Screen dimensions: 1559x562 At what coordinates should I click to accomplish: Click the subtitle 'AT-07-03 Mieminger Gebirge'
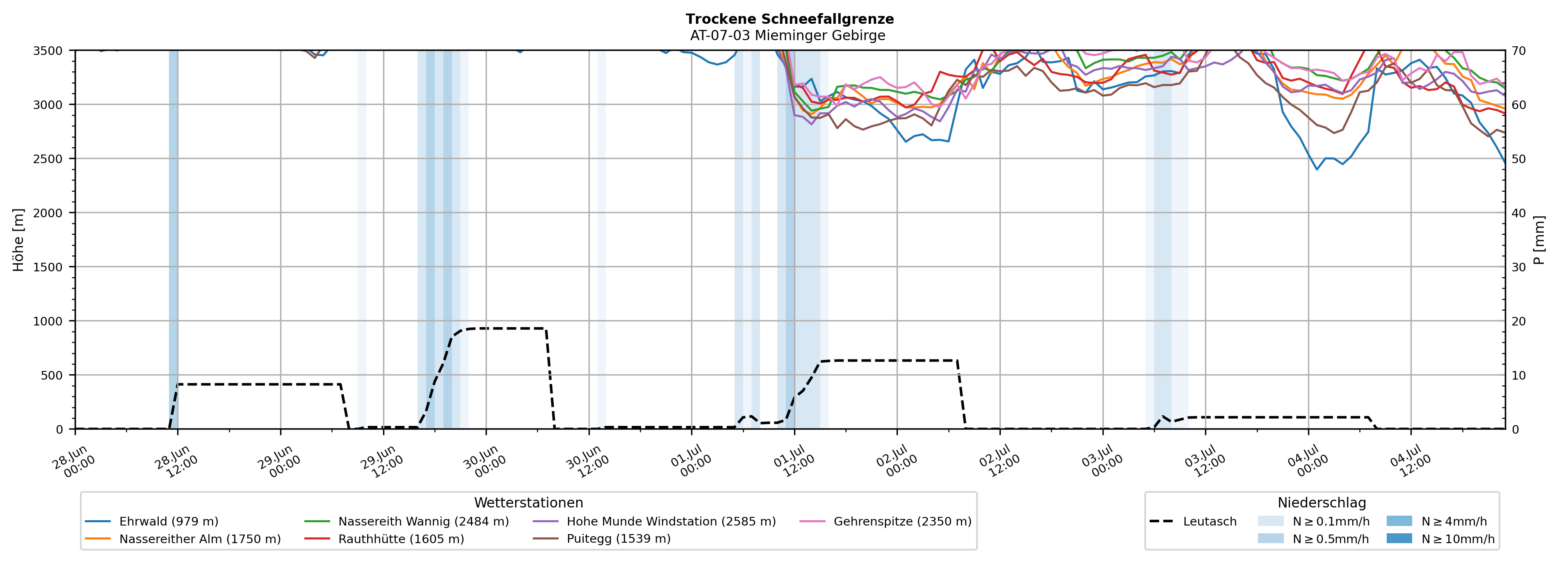click(x=787, y=36)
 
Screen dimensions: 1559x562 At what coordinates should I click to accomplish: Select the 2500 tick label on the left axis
click(x=48, y=159)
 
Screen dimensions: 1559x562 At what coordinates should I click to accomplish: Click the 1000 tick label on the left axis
click(x=48, y=321)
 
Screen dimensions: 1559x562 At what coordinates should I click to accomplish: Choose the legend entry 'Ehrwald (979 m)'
click(x=152, y=521)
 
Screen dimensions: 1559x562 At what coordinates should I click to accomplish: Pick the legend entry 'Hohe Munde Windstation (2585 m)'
click(x=654, y=521)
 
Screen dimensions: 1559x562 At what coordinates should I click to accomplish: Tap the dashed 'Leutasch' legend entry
click(x=1193, y=521)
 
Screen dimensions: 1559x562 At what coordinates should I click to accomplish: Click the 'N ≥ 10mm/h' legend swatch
click(x=1399, y=538)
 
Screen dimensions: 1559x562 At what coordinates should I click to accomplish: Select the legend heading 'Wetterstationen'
click(x=528, y=503)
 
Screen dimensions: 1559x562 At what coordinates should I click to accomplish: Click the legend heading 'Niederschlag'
click(x=1322, y=503)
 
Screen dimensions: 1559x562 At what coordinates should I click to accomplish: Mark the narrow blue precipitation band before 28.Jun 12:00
click(x=173, y=239)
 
